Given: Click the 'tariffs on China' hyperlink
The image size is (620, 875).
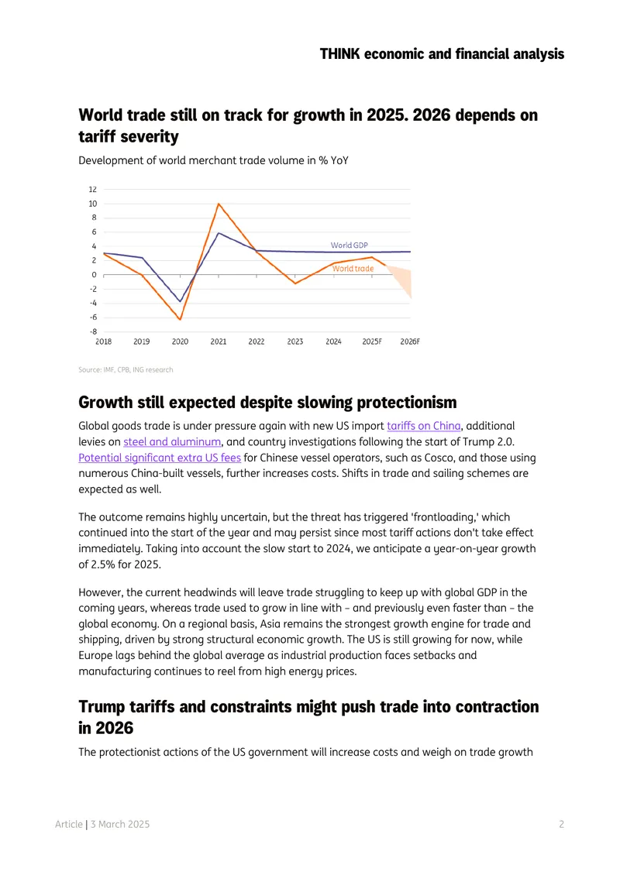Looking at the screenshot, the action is coord(423,426).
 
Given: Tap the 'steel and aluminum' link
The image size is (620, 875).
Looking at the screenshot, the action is coord(172,441).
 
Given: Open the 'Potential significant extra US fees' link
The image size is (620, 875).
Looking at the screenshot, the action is coord(160,458).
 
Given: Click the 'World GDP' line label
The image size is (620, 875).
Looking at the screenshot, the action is coord(349,245).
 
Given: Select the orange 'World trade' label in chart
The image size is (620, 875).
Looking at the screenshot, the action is coord(353,269).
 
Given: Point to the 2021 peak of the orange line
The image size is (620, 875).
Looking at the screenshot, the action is coord(219,204).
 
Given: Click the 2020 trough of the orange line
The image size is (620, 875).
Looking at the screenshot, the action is coord(180,319).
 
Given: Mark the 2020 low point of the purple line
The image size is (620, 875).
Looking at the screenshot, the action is coord(180,301).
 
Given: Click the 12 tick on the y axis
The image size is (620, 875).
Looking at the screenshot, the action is coord(93,189).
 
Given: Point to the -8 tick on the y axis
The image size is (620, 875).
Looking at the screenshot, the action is coord(93,331).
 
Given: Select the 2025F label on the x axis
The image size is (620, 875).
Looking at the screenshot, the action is coord(371,341).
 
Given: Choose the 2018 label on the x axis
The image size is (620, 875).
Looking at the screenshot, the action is coord(103,341).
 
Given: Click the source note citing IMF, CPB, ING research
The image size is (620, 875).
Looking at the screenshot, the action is coord(126,369).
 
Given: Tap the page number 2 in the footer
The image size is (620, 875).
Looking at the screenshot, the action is coord(561,824).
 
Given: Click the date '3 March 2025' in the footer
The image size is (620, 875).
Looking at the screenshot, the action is coord(120,824).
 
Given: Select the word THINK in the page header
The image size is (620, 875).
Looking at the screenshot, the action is coord(339,54).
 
